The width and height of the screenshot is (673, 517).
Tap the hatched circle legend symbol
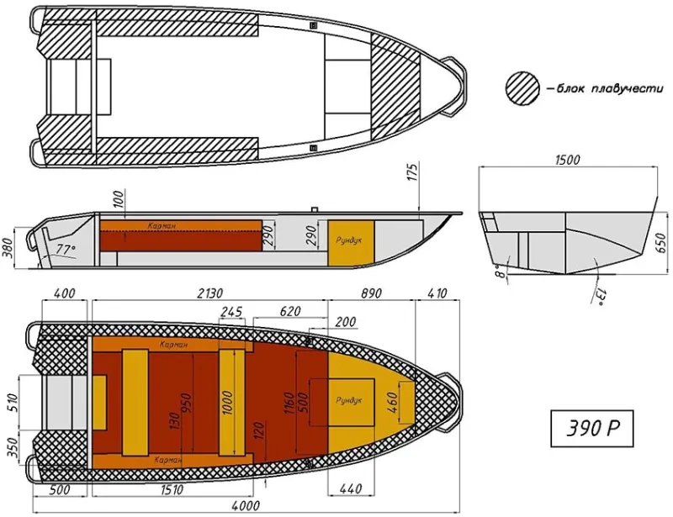click(522, 87)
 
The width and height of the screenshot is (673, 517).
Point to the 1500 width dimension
click(568, 161)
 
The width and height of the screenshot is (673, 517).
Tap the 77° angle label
click(66, 250)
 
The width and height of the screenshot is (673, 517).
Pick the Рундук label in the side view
click(348, 240)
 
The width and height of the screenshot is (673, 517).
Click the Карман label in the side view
click(161, 225)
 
